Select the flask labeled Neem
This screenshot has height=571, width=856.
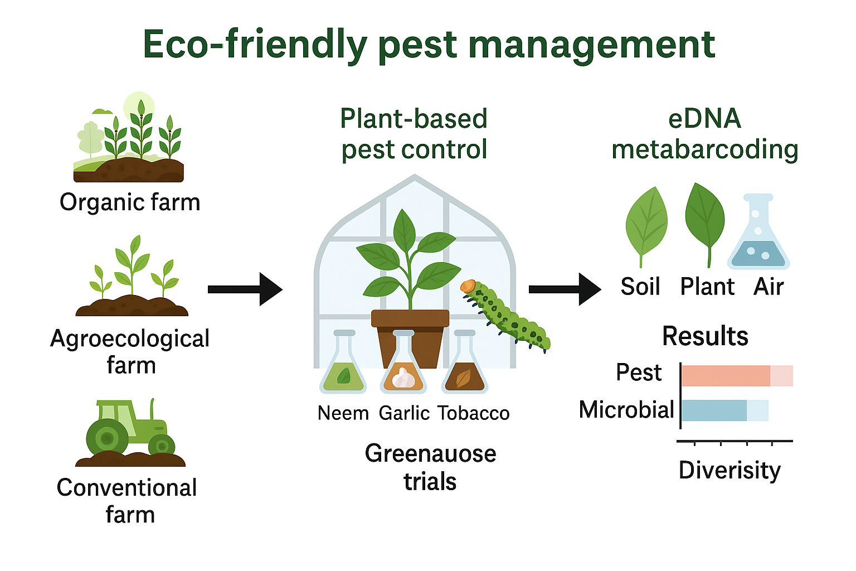coord(343,365)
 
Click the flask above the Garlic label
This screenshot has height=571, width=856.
coord(403,365)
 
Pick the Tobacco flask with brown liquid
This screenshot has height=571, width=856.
coord(464,365)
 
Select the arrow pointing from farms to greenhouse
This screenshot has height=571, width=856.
coord(245,289)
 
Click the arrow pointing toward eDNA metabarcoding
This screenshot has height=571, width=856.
coord(565,289)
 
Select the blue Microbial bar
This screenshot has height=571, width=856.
coord(714,410)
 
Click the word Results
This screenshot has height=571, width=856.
coord(705,336)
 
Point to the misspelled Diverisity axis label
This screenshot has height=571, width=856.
coord(729,471)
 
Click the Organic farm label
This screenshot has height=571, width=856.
coord(130,202)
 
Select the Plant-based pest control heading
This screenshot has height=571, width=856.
coord(414,134)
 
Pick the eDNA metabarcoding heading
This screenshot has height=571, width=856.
coord(705,134)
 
